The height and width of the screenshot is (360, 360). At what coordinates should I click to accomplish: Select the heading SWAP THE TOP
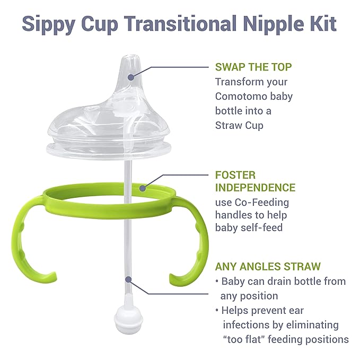point(253,67)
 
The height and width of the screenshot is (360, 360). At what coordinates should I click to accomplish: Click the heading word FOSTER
point(235,174)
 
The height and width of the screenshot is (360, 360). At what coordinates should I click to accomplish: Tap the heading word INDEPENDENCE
point(255,188)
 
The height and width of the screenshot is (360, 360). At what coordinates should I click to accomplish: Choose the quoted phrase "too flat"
point(249,339)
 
